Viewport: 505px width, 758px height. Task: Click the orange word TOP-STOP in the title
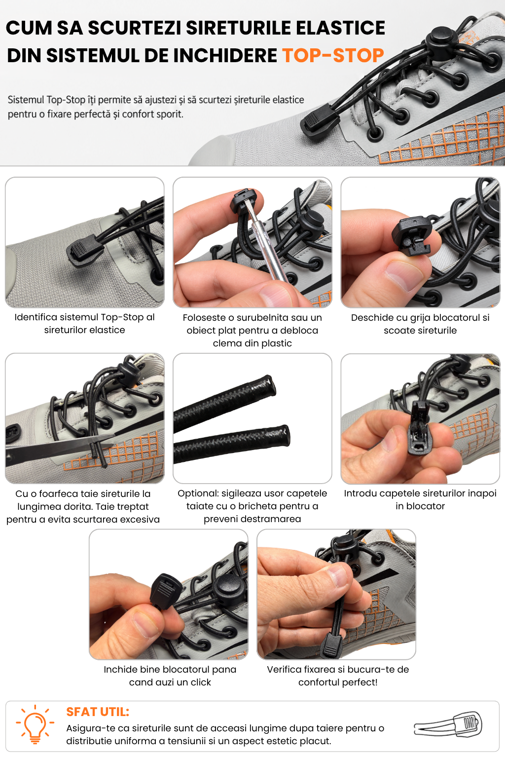(333, 55)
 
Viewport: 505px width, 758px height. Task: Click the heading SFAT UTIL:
(98, 712)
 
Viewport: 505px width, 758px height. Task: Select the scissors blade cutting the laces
(58, 447)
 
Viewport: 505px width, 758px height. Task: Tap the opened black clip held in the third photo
(412, 235)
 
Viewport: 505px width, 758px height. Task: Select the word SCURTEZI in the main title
(135, 28)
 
